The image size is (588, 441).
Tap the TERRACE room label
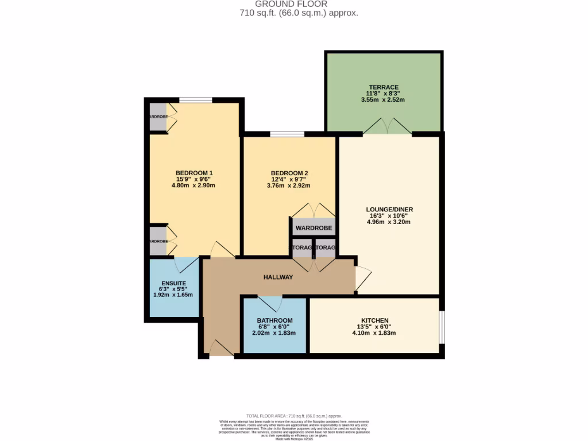click(384, 87)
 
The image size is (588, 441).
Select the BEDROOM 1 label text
click(194, 173)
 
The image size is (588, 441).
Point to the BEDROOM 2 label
click(289, 173)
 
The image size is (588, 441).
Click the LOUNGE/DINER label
click(389, 210)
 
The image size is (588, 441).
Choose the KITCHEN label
click(374, 320)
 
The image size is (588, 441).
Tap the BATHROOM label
click(274, 320)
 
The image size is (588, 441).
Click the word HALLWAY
click(278, 277)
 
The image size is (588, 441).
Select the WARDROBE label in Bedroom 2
click(314, 229)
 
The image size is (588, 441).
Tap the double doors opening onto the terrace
click(387, 126)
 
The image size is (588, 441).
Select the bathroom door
click(269, 303)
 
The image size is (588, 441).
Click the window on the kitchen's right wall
click(441, 327)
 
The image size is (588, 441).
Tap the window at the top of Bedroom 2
click(287, 134)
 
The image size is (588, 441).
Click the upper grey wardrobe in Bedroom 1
click(158, 117)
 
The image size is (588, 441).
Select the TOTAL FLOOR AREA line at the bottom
click(294, 416)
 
